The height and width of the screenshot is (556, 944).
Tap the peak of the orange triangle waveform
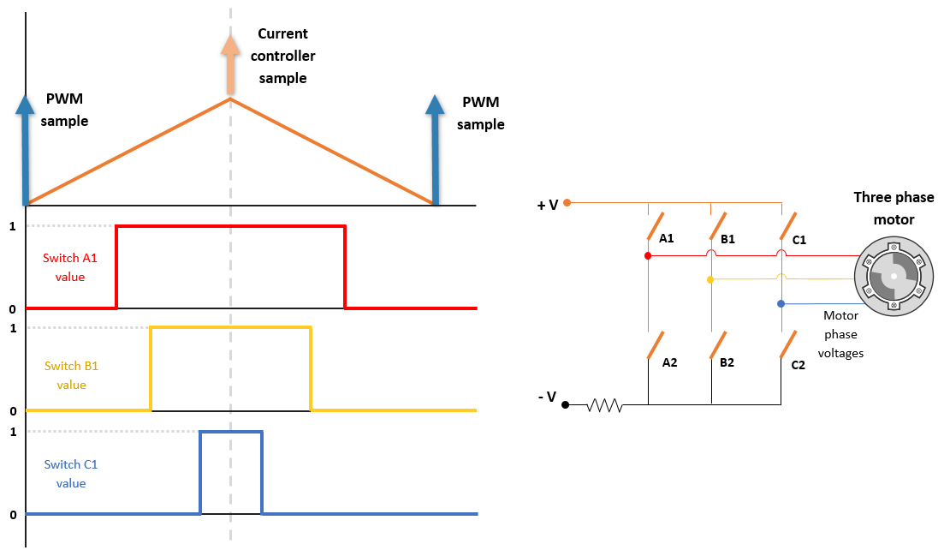(230, 99)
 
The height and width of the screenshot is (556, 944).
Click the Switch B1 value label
(72, 375)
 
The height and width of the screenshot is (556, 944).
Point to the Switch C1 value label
(71, 474)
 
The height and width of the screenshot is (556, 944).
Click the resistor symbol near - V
(604, 404)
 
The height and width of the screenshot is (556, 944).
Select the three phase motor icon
(893, 277)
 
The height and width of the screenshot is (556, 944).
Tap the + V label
(548, 205)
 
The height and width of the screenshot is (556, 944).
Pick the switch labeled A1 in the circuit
(656, 225)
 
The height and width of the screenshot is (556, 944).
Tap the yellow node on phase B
(710, 279)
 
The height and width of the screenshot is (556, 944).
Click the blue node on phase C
(781, 303)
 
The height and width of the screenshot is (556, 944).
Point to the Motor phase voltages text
(840, 334)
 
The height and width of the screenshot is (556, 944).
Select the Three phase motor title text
(894, 208)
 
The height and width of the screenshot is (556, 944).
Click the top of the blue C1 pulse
(231, 432)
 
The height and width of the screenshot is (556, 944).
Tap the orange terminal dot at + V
(567, 203)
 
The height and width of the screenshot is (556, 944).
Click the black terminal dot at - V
(566, 404)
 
